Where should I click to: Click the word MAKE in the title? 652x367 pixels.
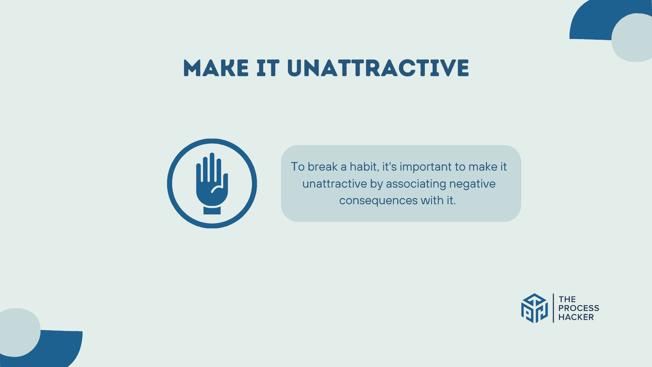coord(216,68)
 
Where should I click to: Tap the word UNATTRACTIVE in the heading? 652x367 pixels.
coord(378,68)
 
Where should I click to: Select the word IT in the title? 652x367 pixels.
coord(268,68)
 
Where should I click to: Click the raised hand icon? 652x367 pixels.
coord(212,183)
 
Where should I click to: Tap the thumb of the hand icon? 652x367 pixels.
coord(225,183)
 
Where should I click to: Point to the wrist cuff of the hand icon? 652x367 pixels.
coord(212,210)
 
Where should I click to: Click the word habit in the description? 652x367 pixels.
coord(364,167)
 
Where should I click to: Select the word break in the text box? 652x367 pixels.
coord(323,167)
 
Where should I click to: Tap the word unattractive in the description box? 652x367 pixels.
coord(334,184)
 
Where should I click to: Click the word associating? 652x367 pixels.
coord(416,184)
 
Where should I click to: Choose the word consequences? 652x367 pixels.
coord(378,200)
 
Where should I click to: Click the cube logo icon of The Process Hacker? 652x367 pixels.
coord(534,308)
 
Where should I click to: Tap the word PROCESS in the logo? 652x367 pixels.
coord(579,308)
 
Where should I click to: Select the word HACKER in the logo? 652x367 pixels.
coord(576,317)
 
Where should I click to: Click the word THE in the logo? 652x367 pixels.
coord(567,299)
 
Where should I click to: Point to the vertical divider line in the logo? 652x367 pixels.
coord(553,308)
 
